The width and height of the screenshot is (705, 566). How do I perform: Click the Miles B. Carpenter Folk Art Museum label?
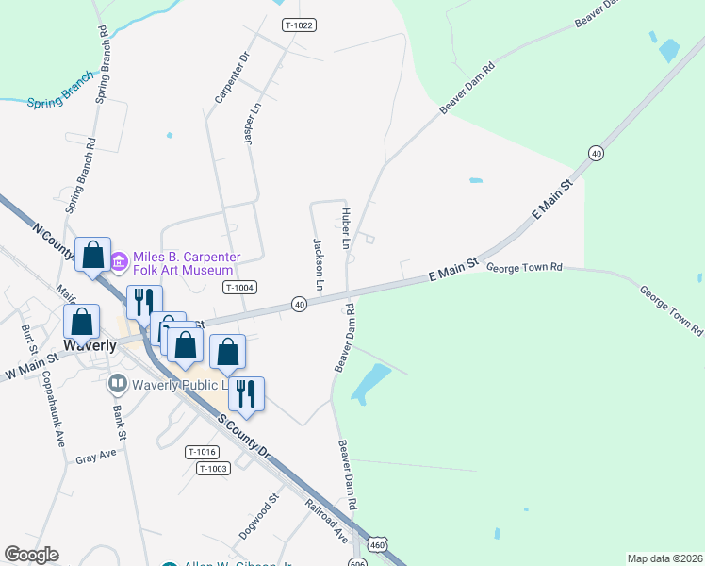point(187,263)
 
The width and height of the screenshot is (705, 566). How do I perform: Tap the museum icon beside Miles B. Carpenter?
point(120,260)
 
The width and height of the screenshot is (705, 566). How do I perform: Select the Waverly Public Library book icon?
point(118,384)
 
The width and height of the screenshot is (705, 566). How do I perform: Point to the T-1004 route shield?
point(240,287)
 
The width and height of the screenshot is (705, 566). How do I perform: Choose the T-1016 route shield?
point(203,452)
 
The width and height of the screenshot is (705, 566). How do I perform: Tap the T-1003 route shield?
point(213,468)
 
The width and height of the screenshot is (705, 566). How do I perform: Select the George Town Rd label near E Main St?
point(524,268)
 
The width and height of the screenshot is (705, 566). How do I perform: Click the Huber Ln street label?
point(346,229)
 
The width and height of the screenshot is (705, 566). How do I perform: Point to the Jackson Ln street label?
point(319,264)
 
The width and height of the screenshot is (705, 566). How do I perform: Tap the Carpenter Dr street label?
point(231,76)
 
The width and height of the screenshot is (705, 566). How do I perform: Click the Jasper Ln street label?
point(251,125)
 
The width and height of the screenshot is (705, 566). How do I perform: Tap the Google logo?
point(31,555)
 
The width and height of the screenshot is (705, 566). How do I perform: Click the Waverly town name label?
point(90,345)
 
